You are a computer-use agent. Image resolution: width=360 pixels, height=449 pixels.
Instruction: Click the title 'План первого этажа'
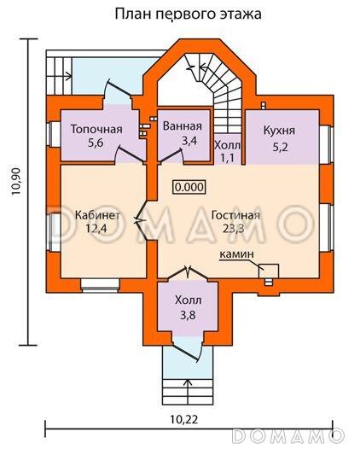pos(188,14)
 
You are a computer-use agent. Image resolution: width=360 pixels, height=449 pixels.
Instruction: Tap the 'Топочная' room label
pos(96,129)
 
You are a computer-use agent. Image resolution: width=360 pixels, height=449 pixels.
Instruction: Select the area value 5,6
pos(96,143)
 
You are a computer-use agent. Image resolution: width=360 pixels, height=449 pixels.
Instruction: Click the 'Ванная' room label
pos(183,126)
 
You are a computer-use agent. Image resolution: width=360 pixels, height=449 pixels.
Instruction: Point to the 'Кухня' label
pos(279,131)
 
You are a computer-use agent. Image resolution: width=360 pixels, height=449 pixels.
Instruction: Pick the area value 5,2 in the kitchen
pos(280,147)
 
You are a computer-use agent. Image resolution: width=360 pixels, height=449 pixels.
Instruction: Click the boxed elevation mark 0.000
pos(189,187)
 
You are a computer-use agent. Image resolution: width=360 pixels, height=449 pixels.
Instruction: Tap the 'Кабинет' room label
pos(97,215)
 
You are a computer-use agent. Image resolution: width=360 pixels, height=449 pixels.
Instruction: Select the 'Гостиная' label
pos(235,215)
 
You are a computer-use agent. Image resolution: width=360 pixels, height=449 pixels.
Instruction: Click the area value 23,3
pos(234,228)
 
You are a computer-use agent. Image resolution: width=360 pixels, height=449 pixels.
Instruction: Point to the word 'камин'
pos(236,254)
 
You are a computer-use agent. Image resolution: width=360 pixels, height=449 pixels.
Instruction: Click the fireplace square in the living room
pos(269,271)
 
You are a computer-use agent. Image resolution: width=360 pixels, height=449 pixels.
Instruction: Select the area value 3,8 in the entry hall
pos(188,315)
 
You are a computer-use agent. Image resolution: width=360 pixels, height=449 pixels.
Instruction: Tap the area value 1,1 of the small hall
pos(228,157)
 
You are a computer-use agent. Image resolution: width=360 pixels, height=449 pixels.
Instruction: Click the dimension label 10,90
pos(16,181)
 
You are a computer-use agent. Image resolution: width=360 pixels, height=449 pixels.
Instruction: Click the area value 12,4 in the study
pos(96,228)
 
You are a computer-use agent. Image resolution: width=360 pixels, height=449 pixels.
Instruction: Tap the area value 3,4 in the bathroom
pos(189,140)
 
